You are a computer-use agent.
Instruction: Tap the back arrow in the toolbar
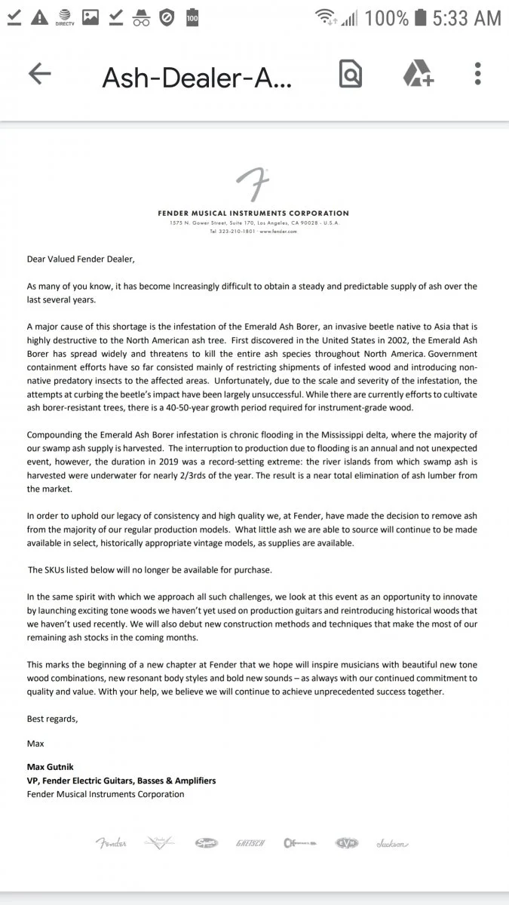[39, 74]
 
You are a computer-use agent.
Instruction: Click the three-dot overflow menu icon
[478, 74]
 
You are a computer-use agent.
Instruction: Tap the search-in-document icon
[351, 74]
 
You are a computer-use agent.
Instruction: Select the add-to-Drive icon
[417, 74]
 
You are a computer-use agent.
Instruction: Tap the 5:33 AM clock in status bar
[467, 18]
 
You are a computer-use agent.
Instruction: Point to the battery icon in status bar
[421, 18]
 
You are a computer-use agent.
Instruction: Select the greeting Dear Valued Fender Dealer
[80, 259]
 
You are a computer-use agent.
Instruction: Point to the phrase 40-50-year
[214, 407]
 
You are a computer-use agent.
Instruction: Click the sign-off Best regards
[52, 719]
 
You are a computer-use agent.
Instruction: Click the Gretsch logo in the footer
[250, 843]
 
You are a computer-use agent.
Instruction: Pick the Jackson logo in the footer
[392, 843]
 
